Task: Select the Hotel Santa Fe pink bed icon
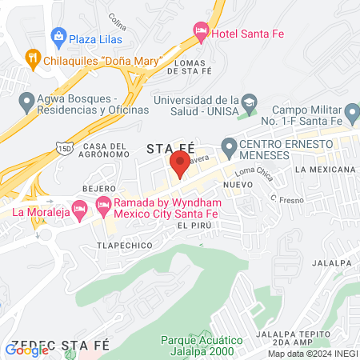click(x=201, y=32)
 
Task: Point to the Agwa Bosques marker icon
click(x=25, y=102)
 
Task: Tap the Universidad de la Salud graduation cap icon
click(x=250, y=102)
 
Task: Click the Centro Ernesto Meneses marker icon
click(x=229, y=146)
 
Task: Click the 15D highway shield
click(x=63, y=147)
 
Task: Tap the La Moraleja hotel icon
click(x=79, y=210)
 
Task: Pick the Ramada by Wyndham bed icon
click(x=103, y=206)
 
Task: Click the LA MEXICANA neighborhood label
click(x=324, y=170)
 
